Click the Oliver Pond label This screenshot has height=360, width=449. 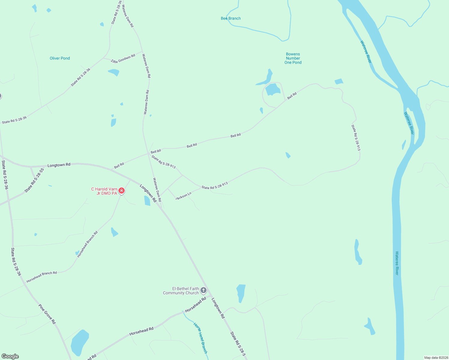[60, 58]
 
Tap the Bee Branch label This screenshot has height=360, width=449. [231, 18]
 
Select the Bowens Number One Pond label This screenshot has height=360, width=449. [293, 58]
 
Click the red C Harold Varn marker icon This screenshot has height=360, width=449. [122, 190]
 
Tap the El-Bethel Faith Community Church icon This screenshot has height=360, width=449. [203, 290]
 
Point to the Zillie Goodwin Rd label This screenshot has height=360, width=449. [123, 59]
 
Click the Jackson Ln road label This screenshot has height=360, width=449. [183, 196]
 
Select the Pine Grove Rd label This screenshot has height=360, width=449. [47, 314]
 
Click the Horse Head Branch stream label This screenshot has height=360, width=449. [200, 338]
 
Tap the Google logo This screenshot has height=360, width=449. [10, 356]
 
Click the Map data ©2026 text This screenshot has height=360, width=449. [436, 358]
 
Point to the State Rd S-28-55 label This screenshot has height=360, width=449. [34, 180]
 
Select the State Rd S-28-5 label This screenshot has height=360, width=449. [238, 344]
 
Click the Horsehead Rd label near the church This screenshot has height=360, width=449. [196, 305]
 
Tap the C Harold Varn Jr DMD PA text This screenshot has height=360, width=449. [104, 191]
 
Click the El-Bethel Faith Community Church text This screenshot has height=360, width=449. [181, 291]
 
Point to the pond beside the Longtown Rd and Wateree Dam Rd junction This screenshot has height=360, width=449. [147, 200]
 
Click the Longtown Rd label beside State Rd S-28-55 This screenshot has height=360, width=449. [59, 165]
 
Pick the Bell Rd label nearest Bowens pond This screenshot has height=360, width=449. [292, 96]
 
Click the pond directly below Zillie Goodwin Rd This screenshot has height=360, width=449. [114, 72]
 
